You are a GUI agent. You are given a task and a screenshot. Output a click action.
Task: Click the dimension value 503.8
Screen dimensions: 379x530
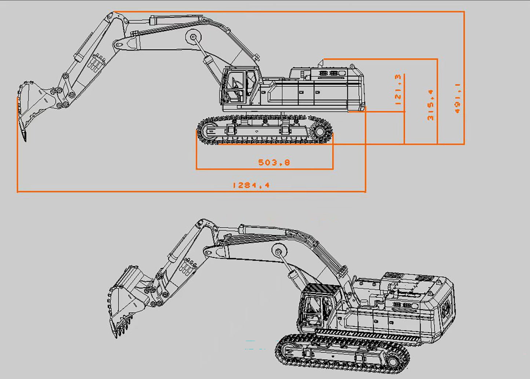point(274,162)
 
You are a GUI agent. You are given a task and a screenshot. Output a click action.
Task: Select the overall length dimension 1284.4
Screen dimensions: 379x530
point(251,185)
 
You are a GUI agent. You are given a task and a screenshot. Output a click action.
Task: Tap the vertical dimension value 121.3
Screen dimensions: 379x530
point(398,90)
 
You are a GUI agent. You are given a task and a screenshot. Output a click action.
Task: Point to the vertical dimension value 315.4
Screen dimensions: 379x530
point(431,105)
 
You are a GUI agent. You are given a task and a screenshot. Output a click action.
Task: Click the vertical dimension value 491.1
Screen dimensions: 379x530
point(457,98)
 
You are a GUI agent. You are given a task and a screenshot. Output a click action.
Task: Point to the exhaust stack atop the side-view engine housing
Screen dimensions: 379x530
point(321,63)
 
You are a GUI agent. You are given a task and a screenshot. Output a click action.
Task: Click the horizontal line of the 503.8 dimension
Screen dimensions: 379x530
point(264,169)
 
